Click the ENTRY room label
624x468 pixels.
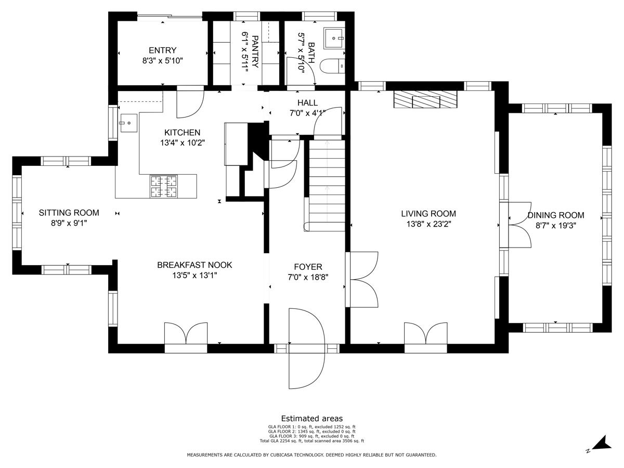pyautogui.click(x=162, y=50)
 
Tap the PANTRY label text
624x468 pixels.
pyautogui.click(x=255, y=51)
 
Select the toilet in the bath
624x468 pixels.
pyautogui.click(x=332, y=67)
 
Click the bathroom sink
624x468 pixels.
pyautogui.click(x=334, y=38)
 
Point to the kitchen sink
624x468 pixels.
pyautogui.click(x=129, y=123)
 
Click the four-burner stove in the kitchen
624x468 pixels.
pyautogui.click(x=163, y=186)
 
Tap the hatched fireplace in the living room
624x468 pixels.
pyautogui.click(x=425, y=99)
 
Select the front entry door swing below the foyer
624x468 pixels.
pyautogui.click(x=306, y=348)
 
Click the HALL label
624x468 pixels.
pyautogui.click(x=307, y=102)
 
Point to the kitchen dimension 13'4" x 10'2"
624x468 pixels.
pyautogui.click(x=182, y=142)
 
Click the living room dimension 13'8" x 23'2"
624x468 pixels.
pyautogui.click(x=428, y=224)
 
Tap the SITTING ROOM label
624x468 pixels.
pyautogui.click(x=69, y=213)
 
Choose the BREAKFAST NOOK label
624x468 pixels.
pyautogui.click(x=194, y=265)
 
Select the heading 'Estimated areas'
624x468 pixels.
pyautogui.click(x=312, y=418)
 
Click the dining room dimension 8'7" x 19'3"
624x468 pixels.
pyautogui.click(x=556, y=226)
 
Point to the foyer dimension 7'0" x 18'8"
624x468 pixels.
pyautogui.click(x=308, y=277)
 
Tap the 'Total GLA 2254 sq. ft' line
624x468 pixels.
pyautogui.click(x=312, y=441)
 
